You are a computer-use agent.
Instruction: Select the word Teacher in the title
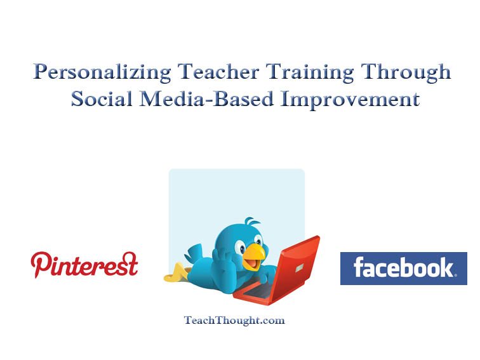(x=218, y=72)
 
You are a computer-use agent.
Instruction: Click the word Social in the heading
(x=102, y=98)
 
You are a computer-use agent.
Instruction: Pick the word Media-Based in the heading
(x=206, y=98)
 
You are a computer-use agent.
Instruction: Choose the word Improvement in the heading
(x=350, y=99)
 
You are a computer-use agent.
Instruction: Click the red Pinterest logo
(x=84, y=265)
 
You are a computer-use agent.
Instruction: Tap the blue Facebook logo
(x=403, y=269)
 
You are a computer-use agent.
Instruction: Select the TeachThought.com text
(x=234, y=321)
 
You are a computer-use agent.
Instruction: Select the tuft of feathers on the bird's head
(x=251, y=221)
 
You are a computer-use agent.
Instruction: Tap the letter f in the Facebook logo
(x=359, y=267)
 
